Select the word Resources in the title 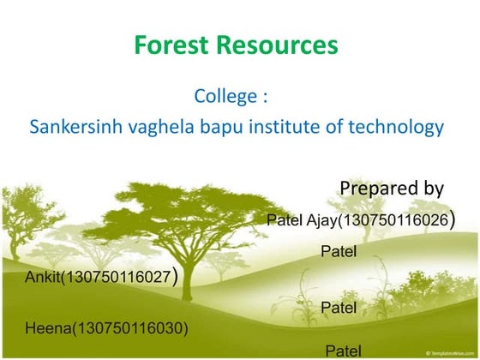pyautogui.click(x=278, y=45)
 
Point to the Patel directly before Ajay pyautogui.click(x=284, y=220)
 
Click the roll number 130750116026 pyautogui.click(x=393, y=220)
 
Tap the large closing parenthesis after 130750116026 pyautogui.click(x=452, y=219)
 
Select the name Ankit pyautogui.click(x=42, y=278)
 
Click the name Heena pyautogui.click(x=45, y=327)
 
